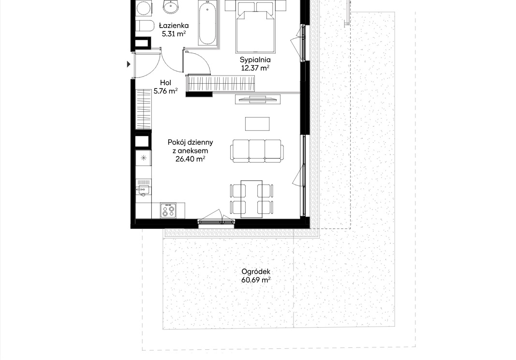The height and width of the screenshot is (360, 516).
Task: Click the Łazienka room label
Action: [174, 25]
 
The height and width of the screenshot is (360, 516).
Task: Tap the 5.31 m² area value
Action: [174, 33]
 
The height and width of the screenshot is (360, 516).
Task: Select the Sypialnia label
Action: [255, 60]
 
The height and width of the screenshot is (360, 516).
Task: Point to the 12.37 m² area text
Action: [255, 68]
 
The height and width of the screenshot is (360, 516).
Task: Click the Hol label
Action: [165, 83]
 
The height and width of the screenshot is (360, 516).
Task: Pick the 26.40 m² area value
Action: [190, 159]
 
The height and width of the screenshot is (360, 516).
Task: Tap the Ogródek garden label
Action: [256, 271]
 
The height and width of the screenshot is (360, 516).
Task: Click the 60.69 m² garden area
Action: [256, 280]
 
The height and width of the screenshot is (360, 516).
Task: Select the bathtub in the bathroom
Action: [207, 22]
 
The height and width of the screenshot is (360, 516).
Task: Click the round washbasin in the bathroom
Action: [171, 7]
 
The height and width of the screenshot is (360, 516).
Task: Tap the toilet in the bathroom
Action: [145, 26]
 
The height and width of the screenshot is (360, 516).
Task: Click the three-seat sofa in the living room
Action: [257, 151]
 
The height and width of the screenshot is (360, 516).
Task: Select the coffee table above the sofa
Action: [257, 124]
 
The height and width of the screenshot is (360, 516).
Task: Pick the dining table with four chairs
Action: [251, 199]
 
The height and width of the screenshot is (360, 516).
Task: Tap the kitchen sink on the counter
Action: [143, 190]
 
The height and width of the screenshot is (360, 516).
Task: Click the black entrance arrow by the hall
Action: [129, 64]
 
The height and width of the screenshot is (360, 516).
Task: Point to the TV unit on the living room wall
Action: [258, 99]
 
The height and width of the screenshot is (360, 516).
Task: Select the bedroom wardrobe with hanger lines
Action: [221, 83]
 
